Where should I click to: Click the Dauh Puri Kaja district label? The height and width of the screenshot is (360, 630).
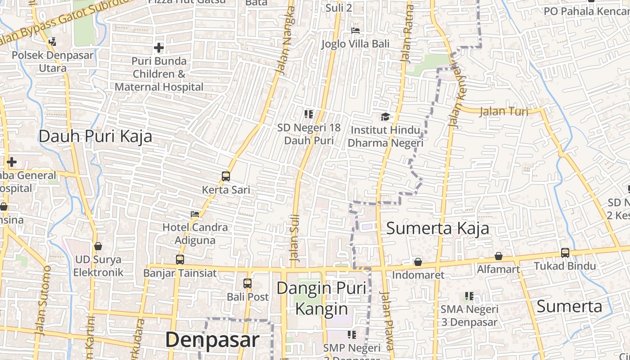[x=95, y=136]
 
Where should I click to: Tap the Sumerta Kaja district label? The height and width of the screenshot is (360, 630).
[x=437, y=228]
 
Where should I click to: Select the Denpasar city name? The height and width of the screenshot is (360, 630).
[x=212, y=340]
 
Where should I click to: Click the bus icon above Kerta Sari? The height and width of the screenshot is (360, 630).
[x=226, y=176]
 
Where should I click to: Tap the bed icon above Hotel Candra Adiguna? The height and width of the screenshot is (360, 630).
[x=195, y=214]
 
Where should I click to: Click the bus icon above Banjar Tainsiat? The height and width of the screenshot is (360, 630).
[x=180, y=260]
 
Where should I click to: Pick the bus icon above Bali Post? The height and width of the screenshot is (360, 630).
[x=247, y=283]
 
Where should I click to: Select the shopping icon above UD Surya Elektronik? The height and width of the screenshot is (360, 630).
[x=98, y=246]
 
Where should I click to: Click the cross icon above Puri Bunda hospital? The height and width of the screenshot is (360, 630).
[x=159, y=48]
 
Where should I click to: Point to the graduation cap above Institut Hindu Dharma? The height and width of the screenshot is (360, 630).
[x=385, y=117]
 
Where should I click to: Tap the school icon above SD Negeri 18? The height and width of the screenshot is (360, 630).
[x=308, y=114]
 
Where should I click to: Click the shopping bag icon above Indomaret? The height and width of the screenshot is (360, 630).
[x=418, y=262]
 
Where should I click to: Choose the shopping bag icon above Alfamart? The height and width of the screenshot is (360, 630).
[x=499, y=256]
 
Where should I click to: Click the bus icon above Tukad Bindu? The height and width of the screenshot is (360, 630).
[x=565, y=253]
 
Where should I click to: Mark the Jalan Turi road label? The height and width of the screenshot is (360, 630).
[x=504, y=111]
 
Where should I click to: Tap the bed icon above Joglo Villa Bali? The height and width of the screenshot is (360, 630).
[x=355, y=31]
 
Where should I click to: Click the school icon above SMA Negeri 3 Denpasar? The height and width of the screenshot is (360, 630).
[x=469, y=296]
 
